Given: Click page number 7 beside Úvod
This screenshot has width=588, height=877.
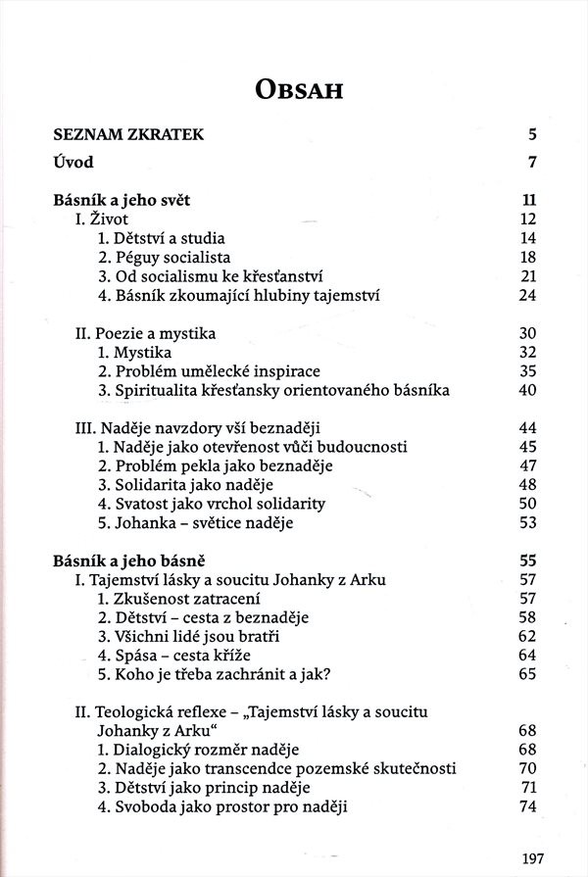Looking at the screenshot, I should (x=533, y=163).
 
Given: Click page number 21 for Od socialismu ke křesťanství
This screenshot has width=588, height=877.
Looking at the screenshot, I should (x=529, y=276).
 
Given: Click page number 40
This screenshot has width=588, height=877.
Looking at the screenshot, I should (x=529, y=390).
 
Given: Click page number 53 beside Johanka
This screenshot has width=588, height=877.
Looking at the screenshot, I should (x=529, y=522).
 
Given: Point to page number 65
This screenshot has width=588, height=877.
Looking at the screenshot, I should (x=529, y=674).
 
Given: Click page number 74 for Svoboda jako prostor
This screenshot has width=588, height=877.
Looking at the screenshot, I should (x=529, y=806).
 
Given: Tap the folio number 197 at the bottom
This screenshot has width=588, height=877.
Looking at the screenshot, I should (x=533, y=859).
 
